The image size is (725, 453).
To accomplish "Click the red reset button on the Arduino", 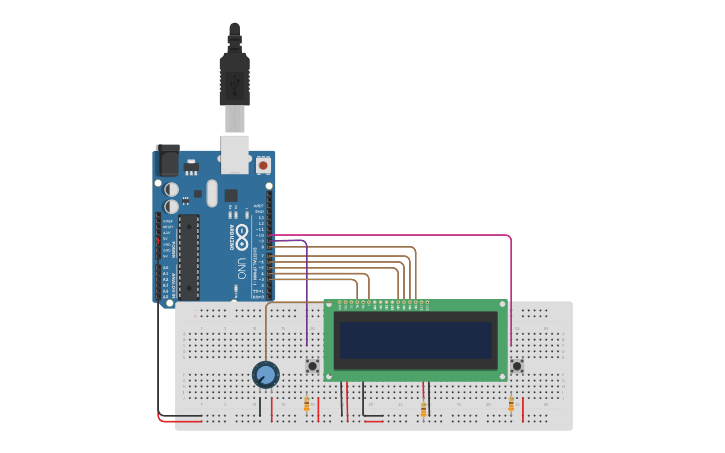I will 263,164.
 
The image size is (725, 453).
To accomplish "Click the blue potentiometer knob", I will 265,375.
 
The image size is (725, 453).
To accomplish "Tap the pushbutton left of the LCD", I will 312,367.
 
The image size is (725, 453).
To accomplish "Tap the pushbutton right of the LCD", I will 517,367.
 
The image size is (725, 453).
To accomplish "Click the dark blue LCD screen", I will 416,341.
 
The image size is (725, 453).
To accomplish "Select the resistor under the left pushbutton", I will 306,404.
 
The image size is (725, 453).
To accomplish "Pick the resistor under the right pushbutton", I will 511,404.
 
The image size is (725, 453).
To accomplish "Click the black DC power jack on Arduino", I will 168,161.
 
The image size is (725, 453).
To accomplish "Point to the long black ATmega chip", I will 188,256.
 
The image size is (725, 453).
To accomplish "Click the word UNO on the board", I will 241,268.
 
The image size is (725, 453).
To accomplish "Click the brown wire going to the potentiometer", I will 266,330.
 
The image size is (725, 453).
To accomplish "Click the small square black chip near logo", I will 231,195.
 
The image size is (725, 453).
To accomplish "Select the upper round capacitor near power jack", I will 173,188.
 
